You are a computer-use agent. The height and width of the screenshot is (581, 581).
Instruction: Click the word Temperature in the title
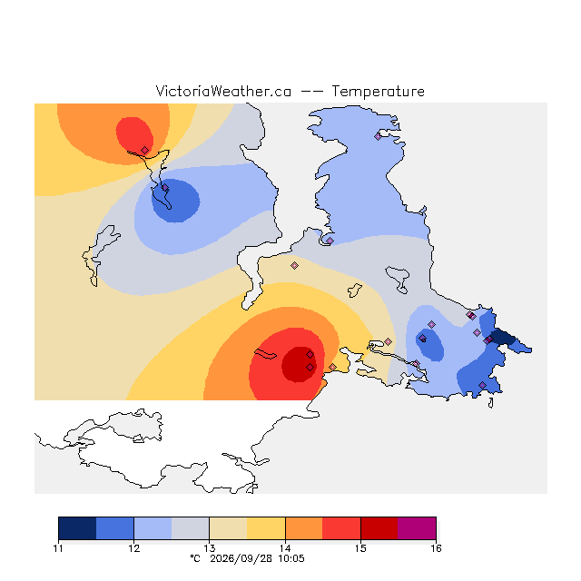[x=378, y=92]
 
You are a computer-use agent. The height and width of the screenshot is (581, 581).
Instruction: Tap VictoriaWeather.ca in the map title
[x=223, y=91]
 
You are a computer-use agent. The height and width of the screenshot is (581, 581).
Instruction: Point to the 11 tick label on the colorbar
[x=58, y=548]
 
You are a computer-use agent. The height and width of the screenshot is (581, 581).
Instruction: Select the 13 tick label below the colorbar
[x=210, y=548]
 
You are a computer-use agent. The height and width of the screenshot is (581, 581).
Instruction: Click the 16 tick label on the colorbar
[x=436, y=548]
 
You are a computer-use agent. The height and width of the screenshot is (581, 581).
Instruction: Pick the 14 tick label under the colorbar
[x=285, y=548]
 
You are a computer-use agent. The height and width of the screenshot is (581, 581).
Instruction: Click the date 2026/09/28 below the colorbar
[x=241, y=559]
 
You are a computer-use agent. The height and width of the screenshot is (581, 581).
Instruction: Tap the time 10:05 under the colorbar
[x=291, y=559]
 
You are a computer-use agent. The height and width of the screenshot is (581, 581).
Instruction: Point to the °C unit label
[x=195, y=558]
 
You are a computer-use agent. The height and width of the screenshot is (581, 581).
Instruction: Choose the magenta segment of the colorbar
[x=417, y=528]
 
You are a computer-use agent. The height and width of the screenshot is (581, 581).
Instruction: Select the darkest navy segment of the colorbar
[x=77, y=528]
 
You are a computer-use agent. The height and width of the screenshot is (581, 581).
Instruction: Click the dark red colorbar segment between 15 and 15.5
[x=379, y=528]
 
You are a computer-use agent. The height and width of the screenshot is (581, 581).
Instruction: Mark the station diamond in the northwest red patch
[x=145, y=150]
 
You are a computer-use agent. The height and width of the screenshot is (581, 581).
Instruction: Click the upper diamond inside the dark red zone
[x=310, y=355]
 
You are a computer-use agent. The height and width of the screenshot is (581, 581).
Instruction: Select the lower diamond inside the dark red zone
[x=310, y=367]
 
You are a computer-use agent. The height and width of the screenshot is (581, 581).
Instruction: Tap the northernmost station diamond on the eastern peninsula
[x=378, y=137]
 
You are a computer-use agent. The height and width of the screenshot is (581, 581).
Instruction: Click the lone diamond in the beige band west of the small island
[x=294, y=265]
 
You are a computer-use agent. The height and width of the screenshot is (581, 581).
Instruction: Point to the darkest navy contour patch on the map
[x=502, y=337]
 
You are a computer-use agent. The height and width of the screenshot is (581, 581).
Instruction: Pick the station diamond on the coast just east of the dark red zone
[x=333, y=367]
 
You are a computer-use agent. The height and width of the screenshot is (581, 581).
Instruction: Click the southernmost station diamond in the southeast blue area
[x=482, y=385]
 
